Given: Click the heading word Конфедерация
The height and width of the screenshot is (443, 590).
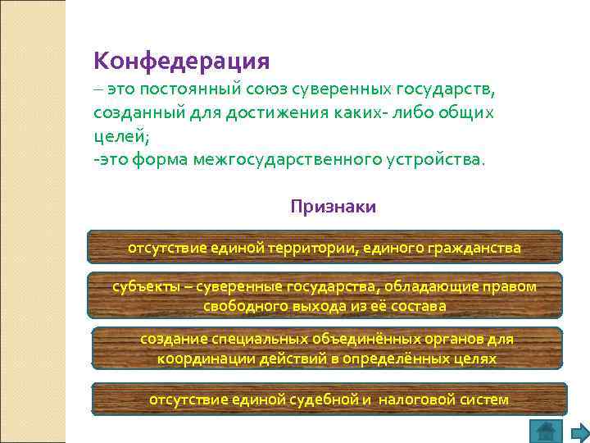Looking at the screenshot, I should point(181,61).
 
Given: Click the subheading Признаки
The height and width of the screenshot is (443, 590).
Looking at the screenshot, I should point(333,207).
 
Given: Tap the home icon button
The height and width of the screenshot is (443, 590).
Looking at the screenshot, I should point(544,431).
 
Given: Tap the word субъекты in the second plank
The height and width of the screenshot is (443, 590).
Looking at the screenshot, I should point(140,287).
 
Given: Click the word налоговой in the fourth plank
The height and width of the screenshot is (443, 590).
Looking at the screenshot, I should point(411,400).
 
